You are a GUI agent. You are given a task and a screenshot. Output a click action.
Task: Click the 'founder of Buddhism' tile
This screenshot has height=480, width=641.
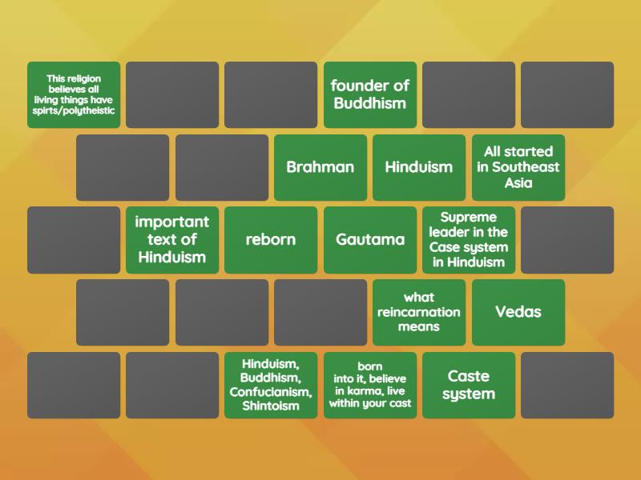pos(370,94)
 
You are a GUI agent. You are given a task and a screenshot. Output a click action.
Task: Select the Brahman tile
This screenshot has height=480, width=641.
pos(320,167)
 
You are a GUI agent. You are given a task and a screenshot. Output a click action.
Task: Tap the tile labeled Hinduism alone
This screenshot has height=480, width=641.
pos(419,167)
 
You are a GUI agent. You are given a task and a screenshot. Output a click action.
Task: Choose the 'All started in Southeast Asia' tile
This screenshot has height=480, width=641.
pos(518,167)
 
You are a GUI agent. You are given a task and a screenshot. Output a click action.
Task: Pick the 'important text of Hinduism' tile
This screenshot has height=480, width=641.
pos(172,240)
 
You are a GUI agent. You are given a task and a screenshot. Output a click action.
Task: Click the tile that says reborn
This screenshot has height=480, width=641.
pos(271,240)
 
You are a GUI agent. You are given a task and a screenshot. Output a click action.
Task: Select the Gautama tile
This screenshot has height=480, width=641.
pos(370,240)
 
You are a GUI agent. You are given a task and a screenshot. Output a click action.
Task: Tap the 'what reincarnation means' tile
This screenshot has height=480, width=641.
pos(419,312)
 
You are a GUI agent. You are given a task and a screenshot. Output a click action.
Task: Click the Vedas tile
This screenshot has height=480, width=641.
pos(518,312)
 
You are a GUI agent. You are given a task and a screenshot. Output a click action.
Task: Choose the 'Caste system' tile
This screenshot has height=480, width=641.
pos(469,385)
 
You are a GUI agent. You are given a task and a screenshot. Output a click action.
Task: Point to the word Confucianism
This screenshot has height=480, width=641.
pos(271,392)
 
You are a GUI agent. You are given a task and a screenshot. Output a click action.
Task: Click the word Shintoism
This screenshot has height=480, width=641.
pos(271,406)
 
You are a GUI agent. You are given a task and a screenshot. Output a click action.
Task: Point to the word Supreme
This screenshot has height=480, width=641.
pos(469,218)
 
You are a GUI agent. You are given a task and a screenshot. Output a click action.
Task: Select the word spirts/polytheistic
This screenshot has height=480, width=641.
pos(74,111)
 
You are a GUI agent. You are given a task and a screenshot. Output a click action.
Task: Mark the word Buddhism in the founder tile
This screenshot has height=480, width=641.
pos(370,103)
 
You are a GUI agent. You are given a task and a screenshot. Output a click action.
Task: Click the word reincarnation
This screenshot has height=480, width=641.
pos(419,312)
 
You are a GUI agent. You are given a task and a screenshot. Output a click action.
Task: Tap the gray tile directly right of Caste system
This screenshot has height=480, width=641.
pos(567,385)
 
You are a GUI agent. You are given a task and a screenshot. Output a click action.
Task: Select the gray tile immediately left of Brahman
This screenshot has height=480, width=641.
pos(222,167)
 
